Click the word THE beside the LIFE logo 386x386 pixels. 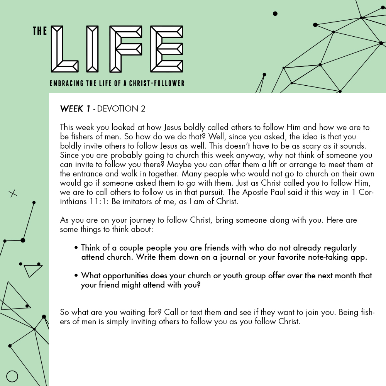point(40,31)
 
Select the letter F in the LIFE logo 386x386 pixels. point(126,49)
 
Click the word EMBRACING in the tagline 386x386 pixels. point(66,83)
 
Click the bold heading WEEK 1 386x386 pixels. point(75,109)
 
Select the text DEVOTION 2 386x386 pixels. point(121,109)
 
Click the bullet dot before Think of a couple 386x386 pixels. point(77,248)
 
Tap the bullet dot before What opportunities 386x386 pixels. point(77,276)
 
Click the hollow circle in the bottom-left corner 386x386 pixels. point(12,376)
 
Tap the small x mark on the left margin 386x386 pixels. point(13,194)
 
